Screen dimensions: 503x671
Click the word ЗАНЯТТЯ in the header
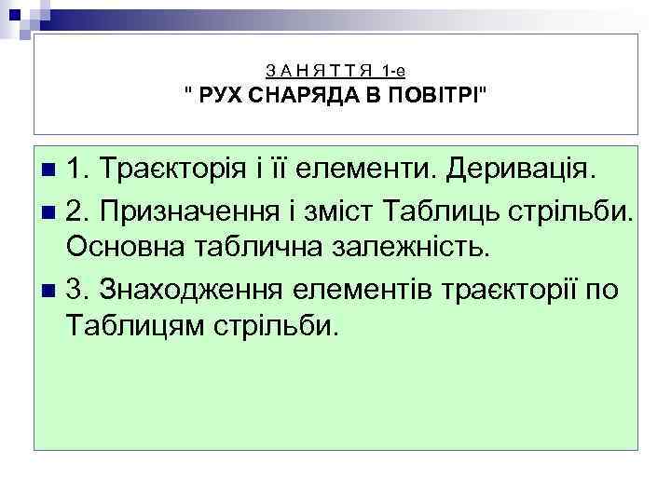(x=319, y=71)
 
